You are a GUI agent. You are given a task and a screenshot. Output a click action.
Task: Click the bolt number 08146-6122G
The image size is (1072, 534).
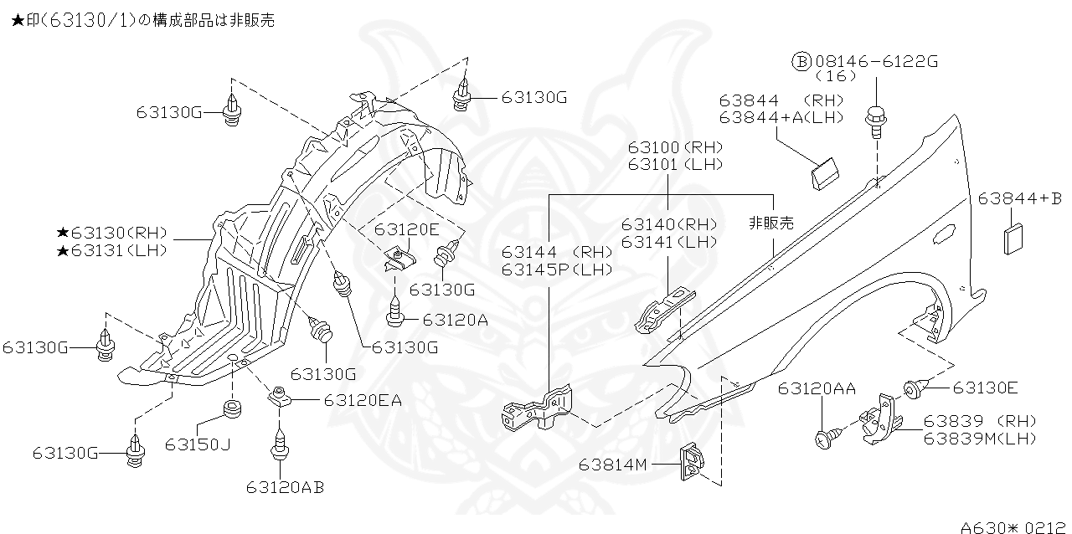pyautogui.click(x=876, y=61)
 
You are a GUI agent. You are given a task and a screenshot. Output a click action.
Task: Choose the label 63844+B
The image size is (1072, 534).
pyautogui.click(x=1019, y=198)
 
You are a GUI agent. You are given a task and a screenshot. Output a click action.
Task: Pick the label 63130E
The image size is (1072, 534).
pyautogui.click(x=986, y=388)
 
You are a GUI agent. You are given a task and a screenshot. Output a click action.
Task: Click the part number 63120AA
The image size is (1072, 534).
pyautogui.click(x=817, y=388)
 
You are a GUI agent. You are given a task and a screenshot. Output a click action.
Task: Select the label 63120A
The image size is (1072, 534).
pyautogui.click(x=456, y=319)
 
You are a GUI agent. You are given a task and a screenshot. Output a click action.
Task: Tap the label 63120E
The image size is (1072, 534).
pyautogui.click(x=406, y=228)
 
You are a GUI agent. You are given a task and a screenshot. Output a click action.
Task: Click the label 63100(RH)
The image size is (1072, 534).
pyautogui.click(x=676, y=147)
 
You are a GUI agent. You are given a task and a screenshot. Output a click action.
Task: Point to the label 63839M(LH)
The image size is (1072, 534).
pyautogui.click(x=980, y=438)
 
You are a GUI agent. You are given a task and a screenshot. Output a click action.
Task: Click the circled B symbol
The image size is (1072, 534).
pyautogui.click(x=801, y=61)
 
